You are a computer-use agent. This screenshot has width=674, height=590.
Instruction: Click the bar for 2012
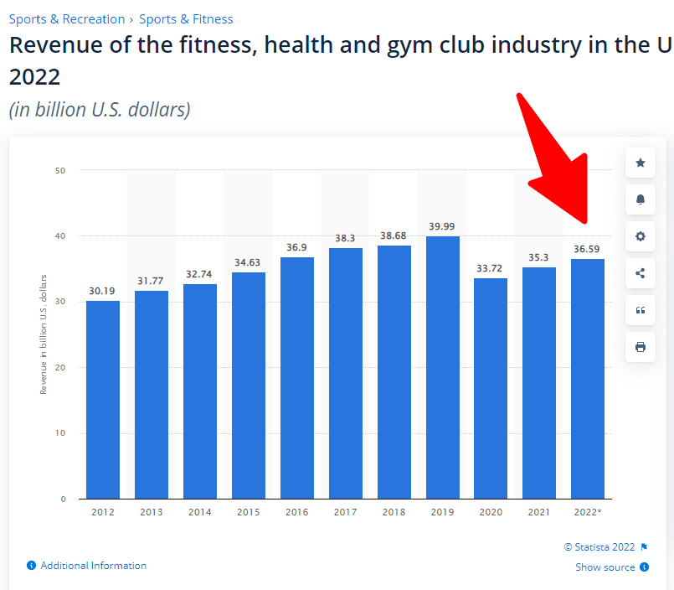[x=103, y=400]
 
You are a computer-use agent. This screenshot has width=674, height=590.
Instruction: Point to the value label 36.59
[x=588, y=249]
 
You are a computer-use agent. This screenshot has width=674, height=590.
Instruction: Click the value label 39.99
[x=443, y=226]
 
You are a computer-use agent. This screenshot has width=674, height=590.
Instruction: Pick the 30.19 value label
[x=103, y=291]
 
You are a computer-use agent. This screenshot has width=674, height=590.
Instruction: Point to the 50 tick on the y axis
[x=60, y=170]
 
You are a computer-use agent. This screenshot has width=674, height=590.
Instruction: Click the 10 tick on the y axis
[x=60, y=433]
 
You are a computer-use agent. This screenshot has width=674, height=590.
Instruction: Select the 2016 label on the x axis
[x=297, y=512]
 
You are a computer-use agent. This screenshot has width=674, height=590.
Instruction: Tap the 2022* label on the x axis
[x=588, y=512]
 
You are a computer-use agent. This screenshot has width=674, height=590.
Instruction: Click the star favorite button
[x=641, y=163]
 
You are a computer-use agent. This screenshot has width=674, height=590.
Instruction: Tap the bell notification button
[x=641, y=199]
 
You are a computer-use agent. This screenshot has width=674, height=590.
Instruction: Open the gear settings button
[x=641, y=236]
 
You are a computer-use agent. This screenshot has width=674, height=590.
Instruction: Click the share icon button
[x=641, y=273]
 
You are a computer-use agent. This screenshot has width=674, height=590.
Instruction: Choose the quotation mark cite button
[x=641, y=310]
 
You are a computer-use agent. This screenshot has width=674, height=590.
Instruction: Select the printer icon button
[x=641, y=347]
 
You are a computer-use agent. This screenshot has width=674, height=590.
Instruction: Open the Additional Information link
[x=93, y=566]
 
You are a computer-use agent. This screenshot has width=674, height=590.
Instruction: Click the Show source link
[x=605, y=567]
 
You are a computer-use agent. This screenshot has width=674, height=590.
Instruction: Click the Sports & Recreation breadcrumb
[x=67, y=18]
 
